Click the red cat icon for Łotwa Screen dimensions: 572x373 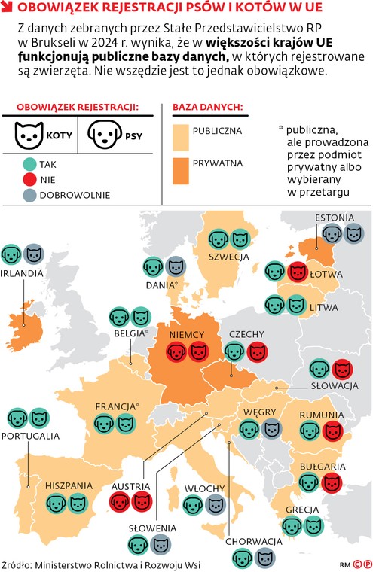pyautogui.click(x=298, y=271)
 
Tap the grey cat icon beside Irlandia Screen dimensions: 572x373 pyautogui.click(x=33, y=254)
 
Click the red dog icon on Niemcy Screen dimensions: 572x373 pyautogui.click(x=177, y=351)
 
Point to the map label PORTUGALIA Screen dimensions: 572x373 pyautogui.click(x=31, y=436)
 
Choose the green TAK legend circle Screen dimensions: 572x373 pyautogui.click(x=29, y=163)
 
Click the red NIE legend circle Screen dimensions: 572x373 pyautogui.click(x=29, y=178)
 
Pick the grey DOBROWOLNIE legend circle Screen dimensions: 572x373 pyautogui.click(x=29, y=194)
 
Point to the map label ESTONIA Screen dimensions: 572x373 pyautogui.click(x=335, y=218)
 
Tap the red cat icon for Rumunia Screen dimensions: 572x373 pyautogui.click(x=332, y=431)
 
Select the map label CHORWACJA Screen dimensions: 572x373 pyautogui.click(x=253, y=541)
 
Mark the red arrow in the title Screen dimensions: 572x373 pyautogui.click(x=7, y=8)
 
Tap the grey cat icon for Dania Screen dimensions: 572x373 pyautogui.click(x=175, y=266)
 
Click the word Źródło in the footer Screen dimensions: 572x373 pyautogui.click(x=20, y=564)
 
